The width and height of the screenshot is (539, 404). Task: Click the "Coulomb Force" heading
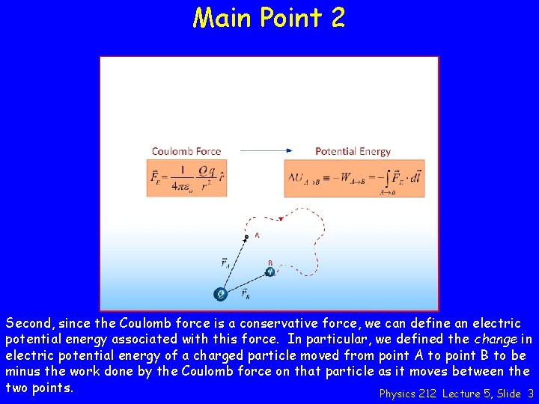tap(186, 151)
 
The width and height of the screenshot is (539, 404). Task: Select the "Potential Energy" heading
tap(353, 151)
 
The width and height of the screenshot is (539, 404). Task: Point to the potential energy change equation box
tap(354, 179)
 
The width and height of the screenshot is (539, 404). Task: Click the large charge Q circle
tap(221, 294)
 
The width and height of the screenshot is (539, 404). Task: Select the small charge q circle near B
tap(270, 272)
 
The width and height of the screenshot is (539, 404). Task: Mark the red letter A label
tap(257, 235)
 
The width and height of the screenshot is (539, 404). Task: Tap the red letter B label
tap(270, 263)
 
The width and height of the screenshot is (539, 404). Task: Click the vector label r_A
tap(225, 263)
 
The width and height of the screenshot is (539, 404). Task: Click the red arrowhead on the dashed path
tap(280, 219)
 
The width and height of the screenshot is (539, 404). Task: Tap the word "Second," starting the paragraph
tap(30, 324)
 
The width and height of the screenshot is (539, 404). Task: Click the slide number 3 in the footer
tap(530, 394)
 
